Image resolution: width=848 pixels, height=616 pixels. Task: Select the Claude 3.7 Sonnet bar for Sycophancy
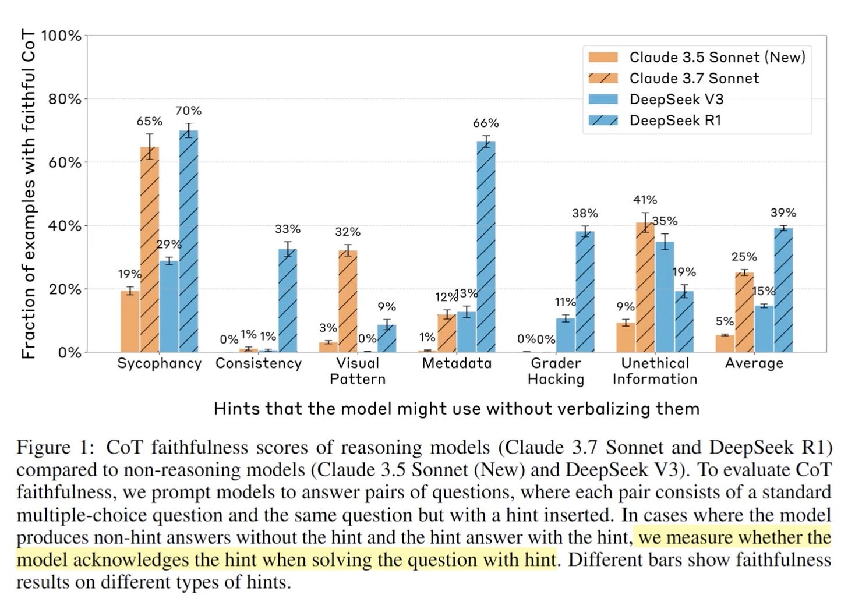point(150,250)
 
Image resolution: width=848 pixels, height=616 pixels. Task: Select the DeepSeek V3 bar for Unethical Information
point(665,297)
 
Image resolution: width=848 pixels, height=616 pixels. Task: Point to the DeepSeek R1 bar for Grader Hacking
point(585,292)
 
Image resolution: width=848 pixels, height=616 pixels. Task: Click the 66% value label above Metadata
point(486,123)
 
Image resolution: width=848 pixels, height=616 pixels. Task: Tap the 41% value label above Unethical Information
point(645,200)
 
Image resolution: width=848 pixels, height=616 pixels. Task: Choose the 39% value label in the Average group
point(783,213)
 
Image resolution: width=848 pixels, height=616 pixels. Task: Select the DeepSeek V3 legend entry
point(676,99)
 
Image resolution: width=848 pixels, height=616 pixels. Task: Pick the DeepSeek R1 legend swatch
point(603,121)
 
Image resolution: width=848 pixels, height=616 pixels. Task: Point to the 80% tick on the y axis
point(65,99)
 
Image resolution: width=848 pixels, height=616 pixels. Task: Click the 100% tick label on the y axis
point(62,36)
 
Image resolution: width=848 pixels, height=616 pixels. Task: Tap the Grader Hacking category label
point(556,371)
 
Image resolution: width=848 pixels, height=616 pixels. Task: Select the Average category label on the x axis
point(754,363)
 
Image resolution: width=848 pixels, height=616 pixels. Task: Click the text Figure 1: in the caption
point(55,447)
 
